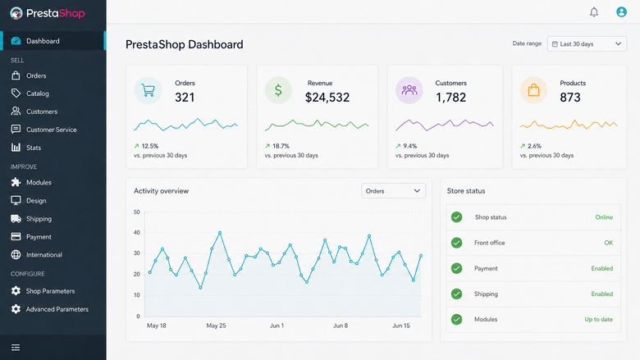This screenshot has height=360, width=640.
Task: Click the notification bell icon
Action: (x=594, y=12)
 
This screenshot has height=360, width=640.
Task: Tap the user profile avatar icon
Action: (x=621, y=11)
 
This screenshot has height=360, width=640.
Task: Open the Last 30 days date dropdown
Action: (x=587, y=44)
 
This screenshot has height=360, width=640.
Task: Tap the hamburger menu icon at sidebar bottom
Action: (x=16, y=348)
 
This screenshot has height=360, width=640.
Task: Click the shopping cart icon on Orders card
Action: (x=148, y=90)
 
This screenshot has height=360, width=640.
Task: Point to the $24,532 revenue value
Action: (x=327, y=98)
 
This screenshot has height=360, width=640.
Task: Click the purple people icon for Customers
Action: (x=409, y=90)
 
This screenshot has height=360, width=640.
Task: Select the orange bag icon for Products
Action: (x=533, y=90)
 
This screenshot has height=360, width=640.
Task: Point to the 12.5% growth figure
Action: (x=150, y=146)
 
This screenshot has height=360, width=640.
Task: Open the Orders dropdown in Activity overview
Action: (x=394, y=191)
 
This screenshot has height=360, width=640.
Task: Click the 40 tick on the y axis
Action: (x=137, y=232)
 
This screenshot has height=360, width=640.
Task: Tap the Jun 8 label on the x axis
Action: (x=341, y=326)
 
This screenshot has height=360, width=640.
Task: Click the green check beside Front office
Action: (x=457, y=243)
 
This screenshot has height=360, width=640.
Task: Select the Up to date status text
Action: (x=598, y=319)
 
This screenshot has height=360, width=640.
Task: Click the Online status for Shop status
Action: (x=604, y=217)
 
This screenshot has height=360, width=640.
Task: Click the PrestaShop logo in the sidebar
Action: (x=48, y=13)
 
